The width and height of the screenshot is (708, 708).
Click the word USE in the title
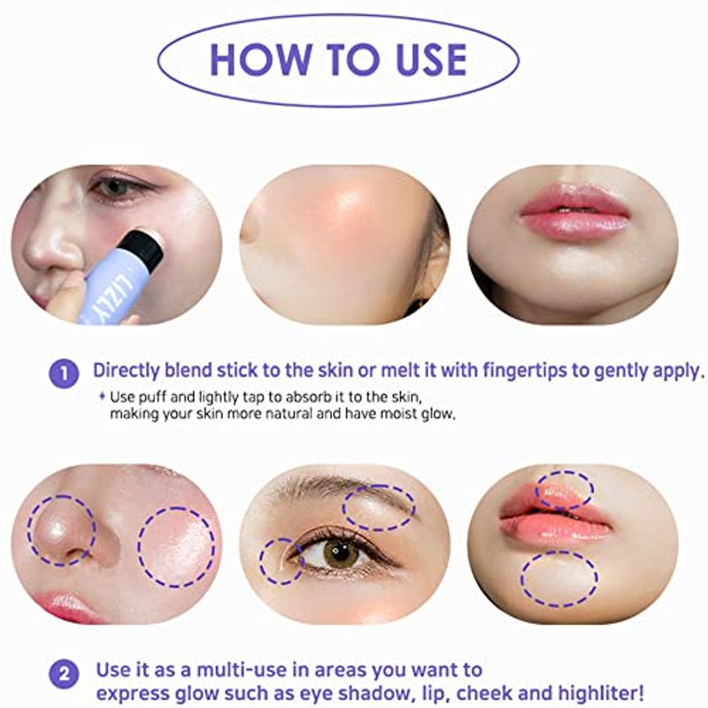(x=431, y=59)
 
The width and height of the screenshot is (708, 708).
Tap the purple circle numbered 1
(x=64, y=373)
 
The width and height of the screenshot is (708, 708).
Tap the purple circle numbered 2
(x=64, y=674)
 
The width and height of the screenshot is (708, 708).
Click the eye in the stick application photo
(x=114, y=186)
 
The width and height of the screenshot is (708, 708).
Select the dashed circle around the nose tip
(x=61, y=530)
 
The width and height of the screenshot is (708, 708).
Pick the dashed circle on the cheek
(x=176, y=546)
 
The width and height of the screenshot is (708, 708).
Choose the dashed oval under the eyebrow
(x=379, y=507)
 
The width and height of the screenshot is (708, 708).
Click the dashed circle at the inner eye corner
(x=281, y=561)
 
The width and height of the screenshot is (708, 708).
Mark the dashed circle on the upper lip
(x=565, y=490)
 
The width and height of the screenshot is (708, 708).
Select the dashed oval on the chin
(x=559, y=579)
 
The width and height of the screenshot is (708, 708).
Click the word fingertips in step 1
(x=525, y=371)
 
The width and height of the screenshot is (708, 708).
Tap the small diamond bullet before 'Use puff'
(x=102, y=396)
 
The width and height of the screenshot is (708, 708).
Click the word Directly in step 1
(x=127, y=371)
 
